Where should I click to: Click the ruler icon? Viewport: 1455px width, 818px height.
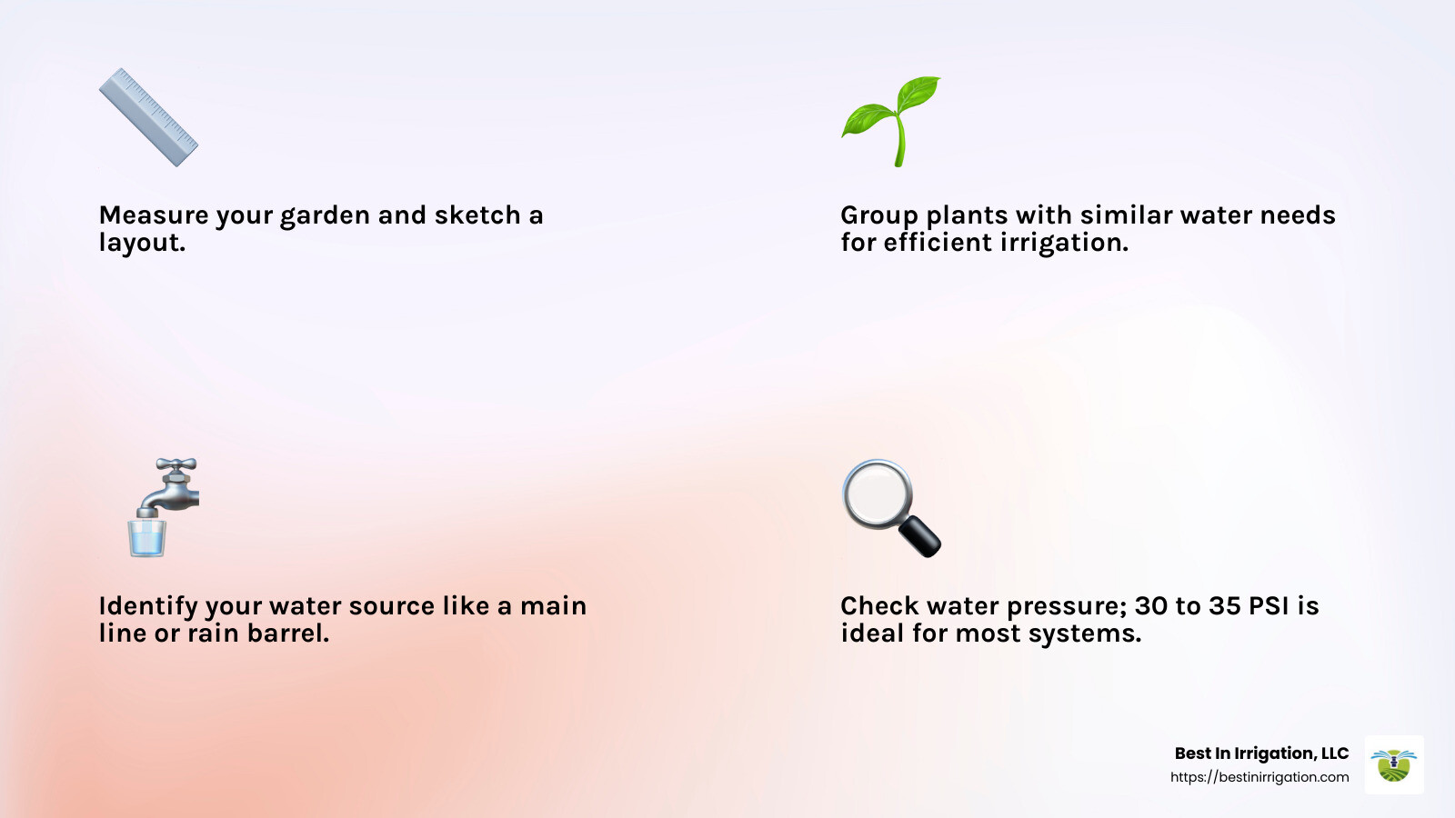(x=148, y=117)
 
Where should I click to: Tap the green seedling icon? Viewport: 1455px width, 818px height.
(x=891, y=120)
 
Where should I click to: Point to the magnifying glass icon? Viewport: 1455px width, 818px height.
(x=890, y=507)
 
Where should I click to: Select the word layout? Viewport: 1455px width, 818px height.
(x=142, y=244)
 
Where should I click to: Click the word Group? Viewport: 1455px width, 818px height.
(x=878, y=216)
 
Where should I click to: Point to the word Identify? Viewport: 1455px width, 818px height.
(x=147, y=607)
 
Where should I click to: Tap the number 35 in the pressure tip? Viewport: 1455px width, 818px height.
(x=1224, y=606)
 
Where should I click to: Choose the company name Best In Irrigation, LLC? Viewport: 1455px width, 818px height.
(x=1261, y=753)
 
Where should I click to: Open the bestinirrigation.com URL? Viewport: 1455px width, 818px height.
(x=1259, y=777)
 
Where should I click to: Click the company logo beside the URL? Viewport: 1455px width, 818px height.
(x=1394, y=764)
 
